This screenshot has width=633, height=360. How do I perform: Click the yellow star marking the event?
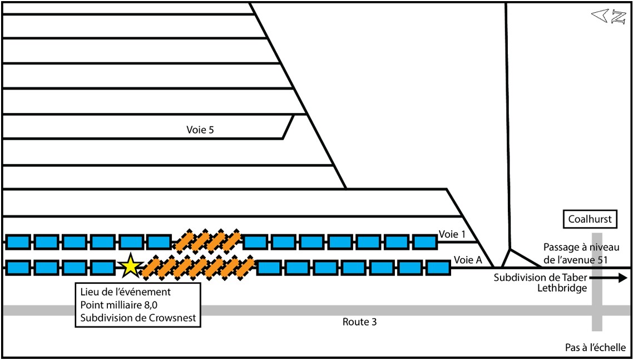tap(130, 266)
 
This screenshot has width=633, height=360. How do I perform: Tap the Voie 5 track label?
tap(200, 130)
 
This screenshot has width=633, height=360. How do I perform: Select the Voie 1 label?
tap(452, 234)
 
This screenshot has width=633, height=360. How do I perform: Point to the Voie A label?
tap(467, 259)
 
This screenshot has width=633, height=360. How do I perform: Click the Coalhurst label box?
tap(590, 219)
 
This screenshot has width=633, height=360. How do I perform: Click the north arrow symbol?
tap(609, 17)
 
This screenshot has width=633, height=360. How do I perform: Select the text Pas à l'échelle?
tap(595, 347)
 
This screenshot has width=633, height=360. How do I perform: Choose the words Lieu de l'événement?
tap(125, 292)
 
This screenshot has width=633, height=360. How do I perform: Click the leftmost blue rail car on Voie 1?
tap(17, 241)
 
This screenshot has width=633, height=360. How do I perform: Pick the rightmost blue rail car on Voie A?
tap(438, 268)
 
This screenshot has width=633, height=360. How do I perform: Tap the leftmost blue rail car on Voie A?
tap(17, 268)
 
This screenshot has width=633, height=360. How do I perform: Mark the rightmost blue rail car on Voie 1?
tap(425, 241)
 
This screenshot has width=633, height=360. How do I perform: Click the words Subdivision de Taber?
tap(540, 277)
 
